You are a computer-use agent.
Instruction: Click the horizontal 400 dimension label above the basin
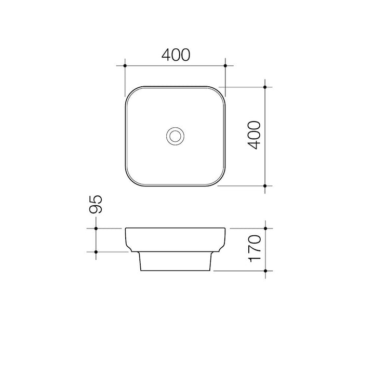coord(176,55)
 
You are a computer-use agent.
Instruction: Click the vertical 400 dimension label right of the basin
coord(254,135)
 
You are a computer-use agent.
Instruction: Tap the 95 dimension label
coord(96,204)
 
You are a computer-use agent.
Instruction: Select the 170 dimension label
coord(255,248)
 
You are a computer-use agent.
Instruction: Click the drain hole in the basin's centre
coord(176,136)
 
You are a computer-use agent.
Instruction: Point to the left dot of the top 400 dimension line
coord(125,65)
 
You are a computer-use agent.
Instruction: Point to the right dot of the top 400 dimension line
coord(225,65)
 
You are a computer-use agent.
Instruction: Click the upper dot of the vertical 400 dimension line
coord(265,87)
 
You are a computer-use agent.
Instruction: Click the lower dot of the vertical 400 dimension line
coord(265,185)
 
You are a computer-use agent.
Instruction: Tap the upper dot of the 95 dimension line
coord(96,229)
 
